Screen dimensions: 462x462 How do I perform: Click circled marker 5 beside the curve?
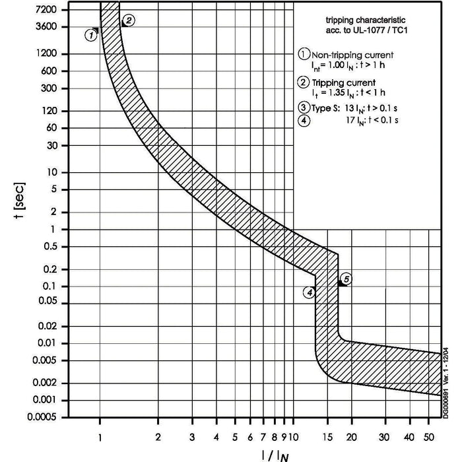pos(347,279)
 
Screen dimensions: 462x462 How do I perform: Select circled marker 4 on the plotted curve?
pos(308,292)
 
